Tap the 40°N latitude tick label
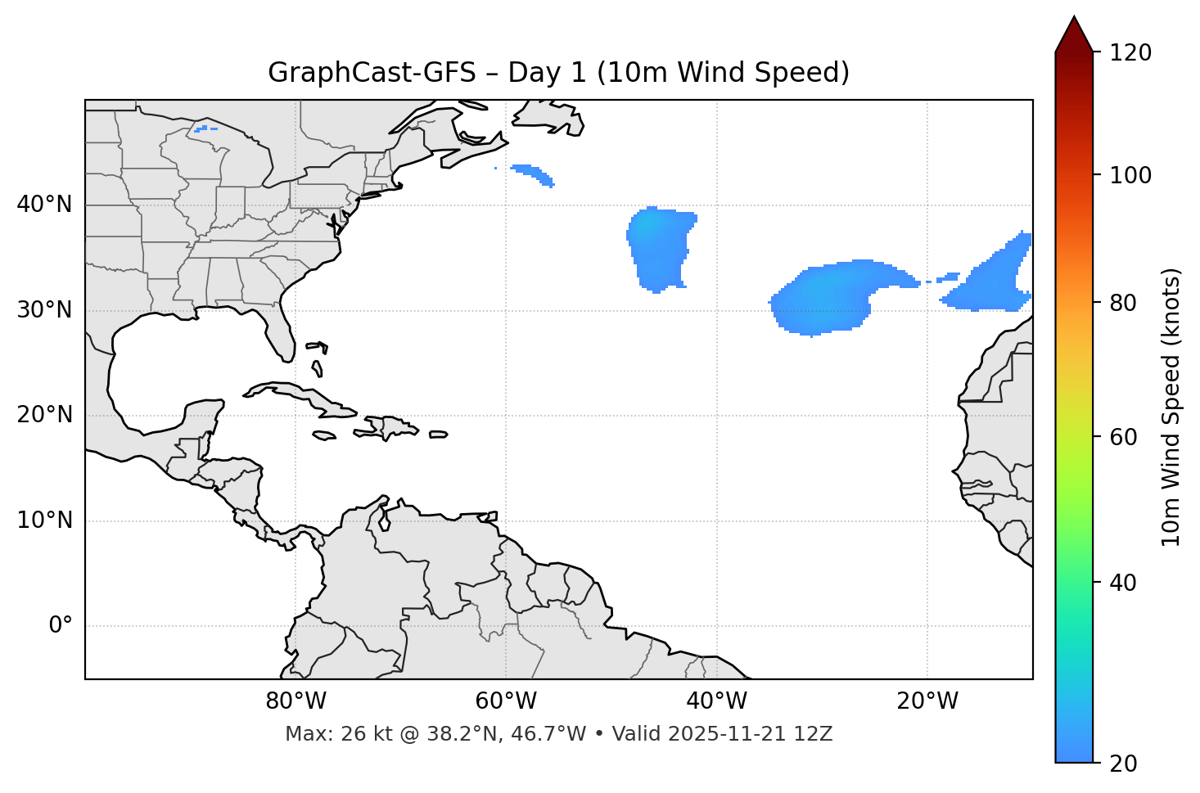click(x=44, y=205)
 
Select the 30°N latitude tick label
click(x=44, y=310)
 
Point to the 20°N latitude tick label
click(x=44, y=415)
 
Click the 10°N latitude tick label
click(x=44, y=520)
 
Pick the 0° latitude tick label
click(x=61, y=626)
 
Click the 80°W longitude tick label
click(x=295, y=701)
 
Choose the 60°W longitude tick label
click(x=506, y=701)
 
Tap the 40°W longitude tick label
click(x=716, y=701)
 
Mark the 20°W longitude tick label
click(x=927, y=701)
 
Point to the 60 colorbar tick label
click(x=1122, y=437)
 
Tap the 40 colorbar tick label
click(x=1122, y=583)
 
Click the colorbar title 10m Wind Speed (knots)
click(x=1171, y=407)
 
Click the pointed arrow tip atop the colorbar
click(x=1074, y=20)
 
